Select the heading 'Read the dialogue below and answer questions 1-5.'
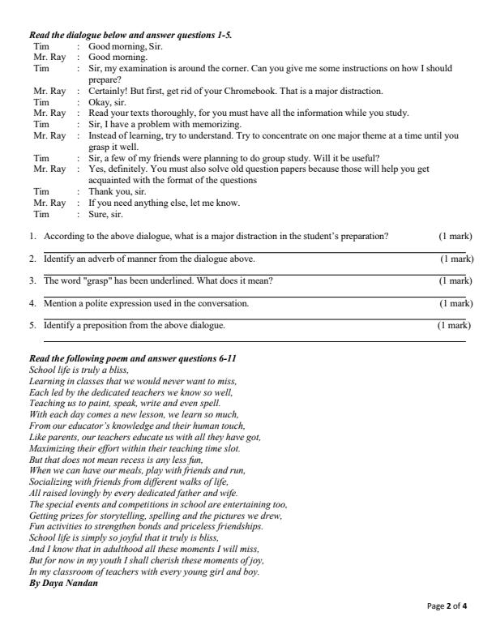coord(130,36)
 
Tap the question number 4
coord(33,303)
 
